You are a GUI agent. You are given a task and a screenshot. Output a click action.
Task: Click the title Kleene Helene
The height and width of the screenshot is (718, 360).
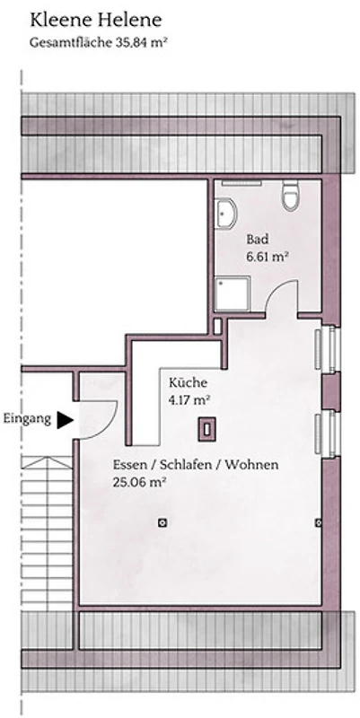pyautogui.click(x=96, y=21)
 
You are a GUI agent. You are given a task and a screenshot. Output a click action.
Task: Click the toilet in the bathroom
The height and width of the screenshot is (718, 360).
pyautogui.click(x=290, y=197)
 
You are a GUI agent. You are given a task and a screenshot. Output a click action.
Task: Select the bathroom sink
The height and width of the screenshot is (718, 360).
pyautogui.click(x=228, y=214)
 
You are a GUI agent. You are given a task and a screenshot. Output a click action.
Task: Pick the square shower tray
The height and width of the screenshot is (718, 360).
pyautogui.click(x=233, y=293)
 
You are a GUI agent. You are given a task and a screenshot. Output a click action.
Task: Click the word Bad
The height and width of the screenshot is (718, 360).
pyautogui.click(x=258, y=239)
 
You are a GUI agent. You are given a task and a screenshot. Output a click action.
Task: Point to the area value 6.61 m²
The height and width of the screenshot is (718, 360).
pyautogui.click(x=267, y=256)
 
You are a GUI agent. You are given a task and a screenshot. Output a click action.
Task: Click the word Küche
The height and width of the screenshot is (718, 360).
pyautogui.click(x=188, y=382)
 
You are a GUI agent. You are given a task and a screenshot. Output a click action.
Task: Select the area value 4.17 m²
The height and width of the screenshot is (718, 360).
pyautogui.click(x=189, y=399)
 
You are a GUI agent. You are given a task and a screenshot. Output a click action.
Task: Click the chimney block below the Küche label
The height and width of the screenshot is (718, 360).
pyautogui.click(x=207, y=430)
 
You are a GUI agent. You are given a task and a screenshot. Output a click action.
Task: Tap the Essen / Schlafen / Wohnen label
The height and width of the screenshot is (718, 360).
pyautogui.click(x=196, y=465)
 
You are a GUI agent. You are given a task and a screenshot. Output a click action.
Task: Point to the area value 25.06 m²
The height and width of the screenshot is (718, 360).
pyautogui.click(x=139, y=482)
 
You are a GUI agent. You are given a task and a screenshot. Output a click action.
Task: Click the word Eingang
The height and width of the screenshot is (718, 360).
pyautogui.click(x=27, y=419)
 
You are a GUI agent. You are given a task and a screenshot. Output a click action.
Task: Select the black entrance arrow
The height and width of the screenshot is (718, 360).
pyautogui.click(x=65, y=419)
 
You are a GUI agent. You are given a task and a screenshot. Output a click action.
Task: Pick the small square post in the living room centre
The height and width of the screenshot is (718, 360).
pyautogui.click(x=162, y=522)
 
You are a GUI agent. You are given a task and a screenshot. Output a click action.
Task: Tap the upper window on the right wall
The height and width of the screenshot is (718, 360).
pyautogui.click(x=328, y=348)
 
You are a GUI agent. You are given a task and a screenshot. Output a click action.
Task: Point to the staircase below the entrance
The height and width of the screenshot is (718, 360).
pyautogui.click(x=48, y=533)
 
